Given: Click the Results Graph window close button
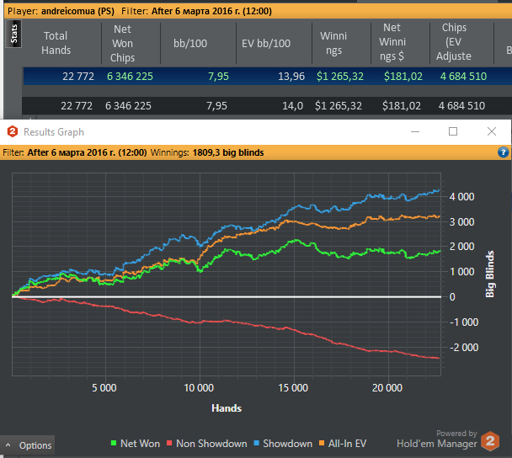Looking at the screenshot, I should (x=492, y=132).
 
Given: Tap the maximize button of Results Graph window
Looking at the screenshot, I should (x=453, y=132).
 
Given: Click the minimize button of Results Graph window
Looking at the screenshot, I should (x=415, y=132).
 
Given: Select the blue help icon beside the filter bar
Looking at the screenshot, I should (x=504, y=153).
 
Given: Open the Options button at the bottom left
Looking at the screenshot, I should (x=29, y=445).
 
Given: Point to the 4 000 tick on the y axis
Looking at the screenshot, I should (x=463, y=197).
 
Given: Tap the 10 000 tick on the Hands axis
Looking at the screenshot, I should (x=199, y=389).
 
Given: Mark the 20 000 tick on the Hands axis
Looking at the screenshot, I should (x=387, y=389).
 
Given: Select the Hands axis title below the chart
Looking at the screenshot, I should (x=227, y=408).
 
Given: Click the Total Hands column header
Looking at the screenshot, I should (x=56, y=43).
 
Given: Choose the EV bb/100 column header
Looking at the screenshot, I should (x=265, y=43).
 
